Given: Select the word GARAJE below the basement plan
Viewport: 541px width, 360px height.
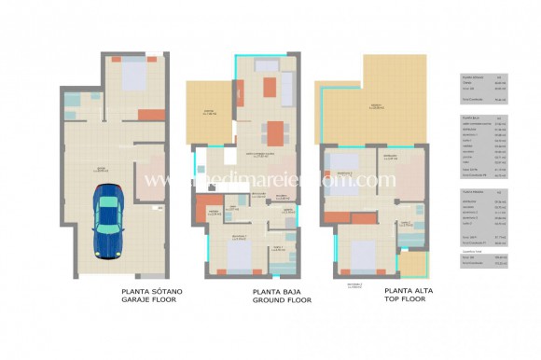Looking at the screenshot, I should [x=138, y=300].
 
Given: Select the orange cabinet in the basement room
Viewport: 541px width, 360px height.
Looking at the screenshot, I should [x=150, y=115].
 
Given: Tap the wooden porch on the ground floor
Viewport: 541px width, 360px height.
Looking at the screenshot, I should [x=209, y=111].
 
